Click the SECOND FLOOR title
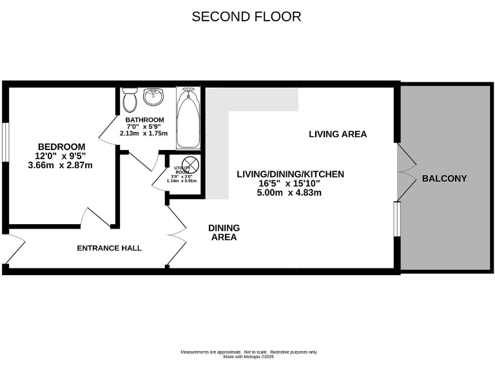[x=246, y=17]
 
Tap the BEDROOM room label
[x=61, y=146]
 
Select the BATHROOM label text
[x=144, y=120]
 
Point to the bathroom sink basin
[x=153, y=97]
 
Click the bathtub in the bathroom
[x=188, y=119]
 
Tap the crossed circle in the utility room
[x=188, y=164]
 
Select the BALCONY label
[x=444, y=178]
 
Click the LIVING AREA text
[x=338, y=134]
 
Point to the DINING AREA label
[x=224, y=233]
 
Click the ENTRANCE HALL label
[x=109, y=248]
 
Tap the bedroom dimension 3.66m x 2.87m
[x=61, y=165]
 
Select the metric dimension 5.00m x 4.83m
[x=290, y=192]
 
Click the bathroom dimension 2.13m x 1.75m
[x=144, y=134]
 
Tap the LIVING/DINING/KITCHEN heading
[x=290, y=174]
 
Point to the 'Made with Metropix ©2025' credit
[x=248, y=356]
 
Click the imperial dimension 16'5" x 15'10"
[x=290, y=183]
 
